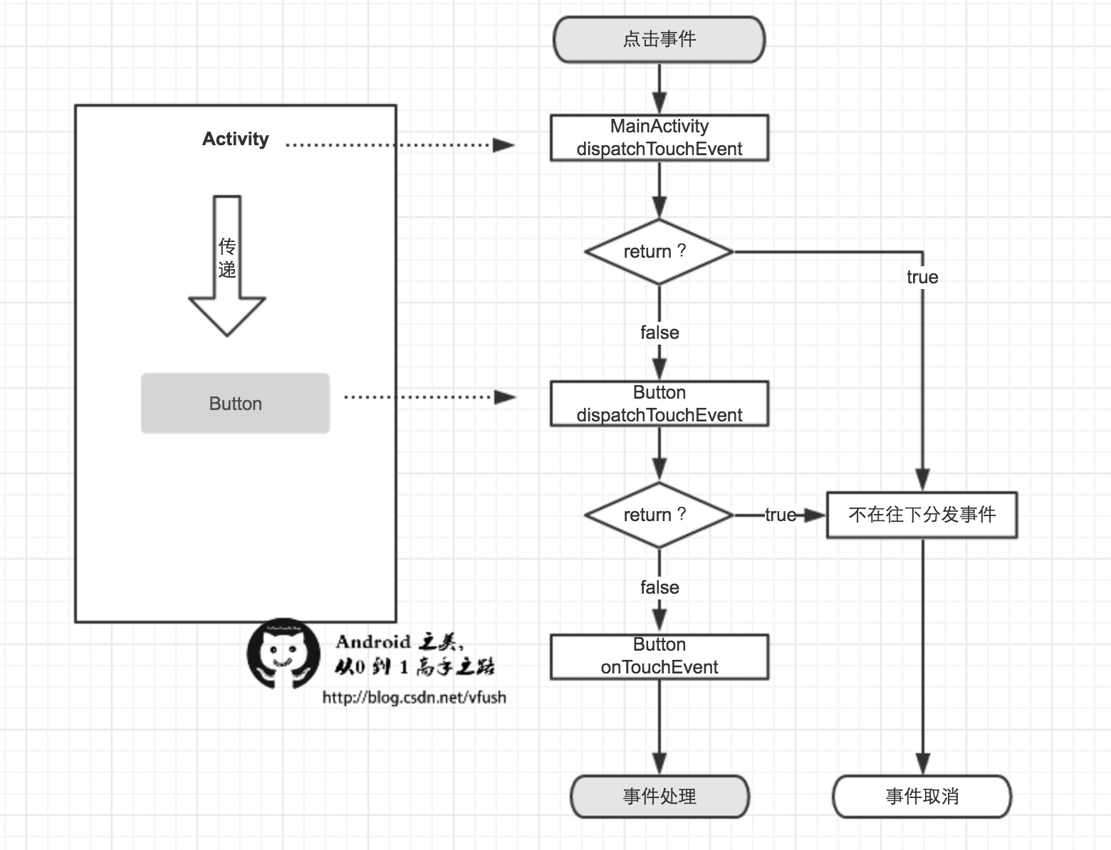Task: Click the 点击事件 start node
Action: [659, 40]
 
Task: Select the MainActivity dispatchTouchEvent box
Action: [659, 137]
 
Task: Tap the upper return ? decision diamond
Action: [659, 252]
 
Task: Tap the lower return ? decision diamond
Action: [659, 515]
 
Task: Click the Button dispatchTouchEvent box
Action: [659, 404]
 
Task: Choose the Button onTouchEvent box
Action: [659, 656]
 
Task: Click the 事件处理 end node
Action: [659, 796]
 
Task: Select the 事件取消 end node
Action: [922, 796]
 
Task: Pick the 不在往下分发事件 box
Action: [922, 515]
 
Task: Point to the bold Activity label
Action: [236, 139]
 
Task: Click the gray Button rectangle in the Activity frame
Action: [235, 404]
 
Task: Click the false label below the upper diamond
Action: [659, 332]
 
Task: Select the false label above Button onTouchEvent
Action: [659, 587]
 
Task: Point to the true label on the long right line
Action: [922, 277]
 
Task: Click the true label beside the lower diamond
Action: [780, 515]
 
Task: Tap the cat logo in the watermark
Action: [283, 654]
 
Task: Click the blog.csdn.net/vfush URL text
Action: [414, 698]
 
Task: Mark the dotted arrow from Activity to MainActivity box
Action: [399, 145]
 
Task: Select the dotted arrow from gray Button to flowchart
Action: [429, 397]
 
